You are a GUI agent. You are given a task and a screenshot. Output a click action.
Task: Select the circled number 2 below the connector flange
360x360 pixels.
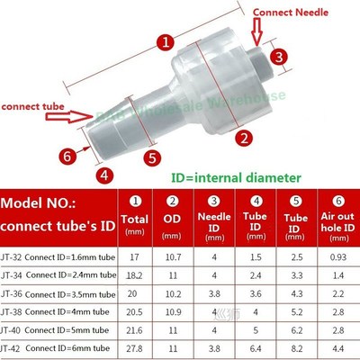pos(242,138)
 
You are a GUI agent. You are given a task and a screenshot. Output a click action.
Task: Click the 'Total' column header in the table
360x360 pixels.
pos(136,219)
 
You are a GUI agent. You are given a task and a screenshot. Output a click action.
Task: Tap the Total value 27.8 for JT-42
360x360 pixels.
pos(135,347)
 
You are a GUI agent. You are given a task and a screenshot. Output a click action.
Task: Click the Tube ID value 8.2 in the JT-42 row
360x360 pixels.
pos(295,347)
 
